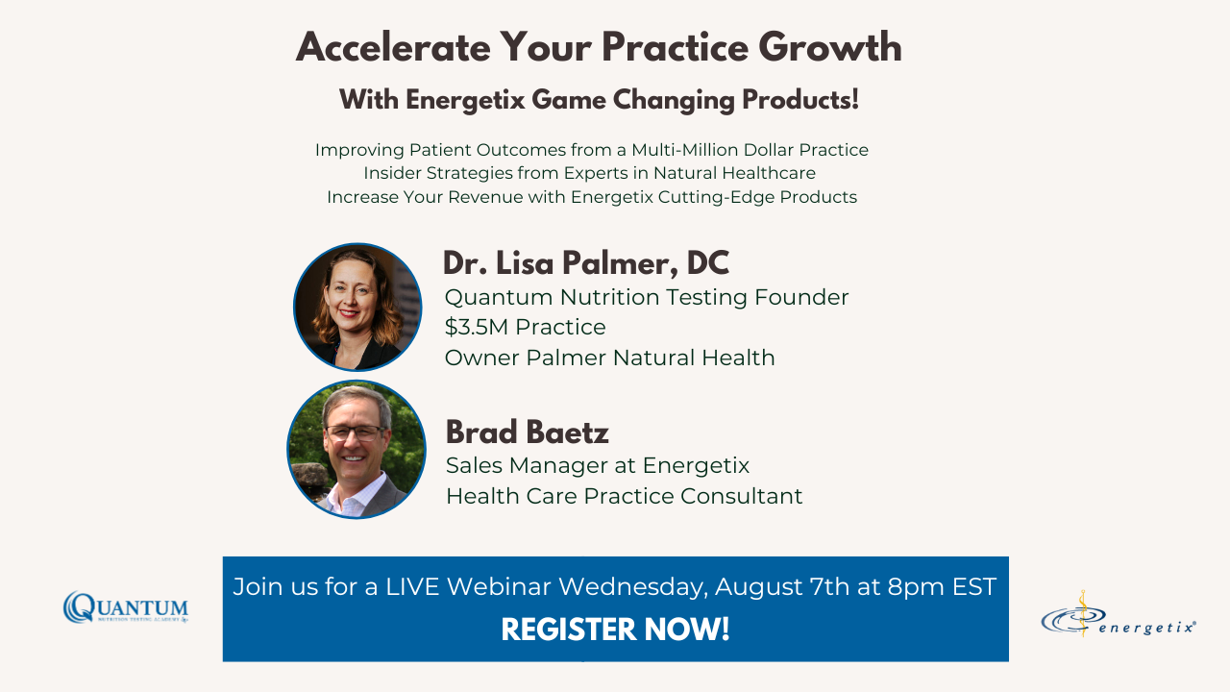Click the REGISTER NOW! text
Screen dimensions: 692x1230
point(615,630)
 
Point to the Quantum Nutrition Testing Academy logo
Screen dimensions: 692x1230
point(126,608)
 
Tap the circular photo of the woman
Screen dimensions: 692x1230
point(357,307)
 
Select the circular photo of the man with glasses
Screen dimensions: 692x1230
point(357,449)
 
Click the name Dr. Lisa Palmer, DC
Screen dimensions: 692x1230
point(585,263)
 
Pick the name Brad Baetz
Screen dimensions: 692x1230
point(527,432)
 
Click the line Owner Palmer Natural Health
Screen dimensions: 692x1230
point(609,358)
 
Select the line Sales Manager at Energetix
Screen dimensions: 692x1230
point(597,465)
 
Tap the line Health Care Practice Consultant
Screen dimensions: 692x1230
point(624,496)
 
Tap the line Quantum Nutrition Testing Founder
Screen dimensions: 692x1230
point(647,297)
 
